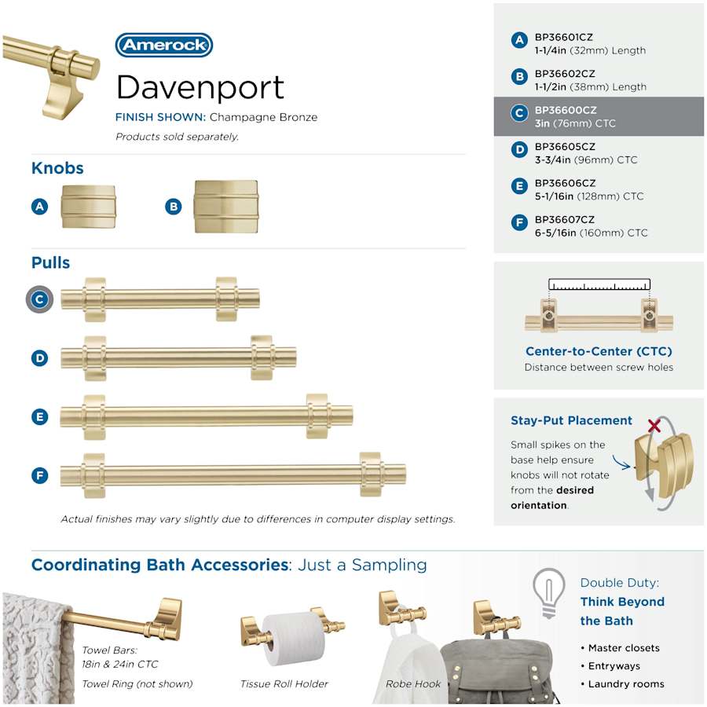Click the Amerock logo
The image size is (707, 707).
(x=164, y=45)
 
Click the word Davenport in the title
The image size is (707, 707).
(x=200, y=87)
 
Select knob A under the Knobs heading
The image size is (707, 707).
(x=88, y=207)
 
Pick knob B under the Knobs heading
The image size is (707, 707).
(x=226, y=207)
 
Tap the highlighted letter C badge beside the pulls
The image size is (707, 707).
(x=40, y=299)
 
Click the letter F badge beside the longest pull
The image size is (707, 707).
(x=40, y=475)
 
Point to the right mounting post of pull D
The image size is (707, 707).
(x=262, y=358)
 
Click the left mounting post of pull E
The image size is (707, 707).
(x=94, y=417)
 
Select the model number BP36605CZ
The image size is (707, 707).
(x=565, y=147)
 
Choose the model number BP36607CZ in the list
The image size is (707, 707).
(x=565, y=220)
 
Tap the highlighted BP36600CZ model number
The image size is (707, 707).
(x=566, y=110)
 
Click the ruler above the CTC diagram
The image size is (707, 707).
(x=599, y=284)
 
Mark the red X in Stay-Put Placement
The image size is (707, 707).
(x=654, y=425)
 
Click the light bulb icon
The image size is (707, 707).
(x=549, y=592)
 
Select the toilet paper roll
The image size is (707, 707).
(x=294, y=639)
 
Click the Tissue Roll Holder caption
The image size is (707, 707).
(x=284, y=684)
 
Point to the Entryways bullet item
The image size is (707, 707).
(x=614, y=666)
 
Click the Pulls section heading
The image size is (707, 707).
(x=50, y=262)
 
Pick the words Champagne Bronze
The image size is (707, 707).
(x=263, y=117)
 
